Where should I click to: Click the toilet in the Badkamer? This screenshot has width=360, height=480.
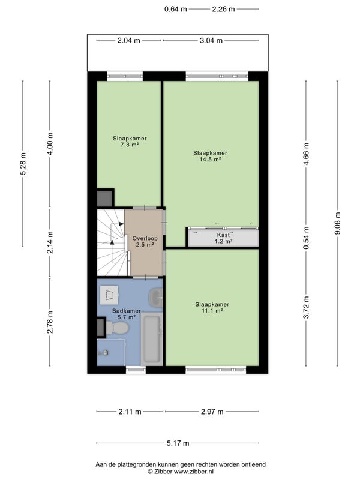pyautogui.click(x=117, y=328)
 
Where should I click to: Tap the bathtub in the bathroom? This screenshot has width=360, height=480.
pyautogui.click(x=152, y=339)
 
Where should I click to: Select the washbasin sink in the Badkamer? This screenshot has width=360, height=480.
pyautogui.click(x=156, y=297)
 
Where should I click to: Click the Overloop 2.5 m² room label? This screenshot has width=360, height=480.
pyautogui.click(x=145, y=242)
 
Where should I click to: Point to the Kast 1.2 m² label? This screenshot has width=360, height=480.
pyautogui.click(x=223, y=238)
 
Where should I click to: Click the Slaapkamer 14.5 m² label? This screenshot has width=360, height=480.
pyautogui.click(x=210, y=156)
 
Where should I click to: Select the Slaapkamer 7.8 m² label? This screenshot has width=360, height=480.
pyautogui.click(x=130, y=142)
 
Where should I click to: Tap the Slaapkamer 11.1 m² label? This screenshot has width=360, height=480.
pyautogui.click(x=212, y=307)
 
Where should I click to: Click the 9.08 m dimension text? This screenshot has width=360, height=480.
pyautogui.click(x=338, y=223)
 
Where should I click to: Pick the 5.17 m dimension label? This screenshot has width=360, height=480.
pyautogui.click(x=178, y=443)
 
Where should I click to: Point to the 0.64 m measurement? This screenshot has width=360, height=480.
pyautogui.click(x=175, y=9)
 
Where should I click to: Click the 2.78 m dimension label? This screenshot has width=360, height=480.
pyautogui.click(x=50, y=322)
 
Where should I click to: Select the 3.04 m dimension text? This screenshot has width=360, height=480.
pyautogui.click(x=211, y=40)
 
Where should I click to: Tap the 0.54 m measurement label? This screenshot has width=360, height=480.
pyautogui.click(x=306, y=238)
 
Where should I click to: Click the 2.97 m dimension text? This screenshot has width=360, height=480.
pyautogui.click(x=212, y=412)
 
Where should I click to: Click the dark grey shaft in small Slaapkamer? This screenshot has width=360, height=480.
pyautogui.click(x=104, y=199)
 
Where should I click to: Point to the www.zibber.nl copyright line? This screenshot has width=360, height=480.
pyautogui.click(x=181, y=472)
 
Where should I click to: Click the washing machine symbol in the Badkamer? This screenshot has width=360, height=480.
pyautogui.click(x=109, y=295)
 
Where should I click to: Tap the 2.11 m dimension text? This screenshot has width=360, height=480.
pyautogui.click(x=130, y=412)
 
